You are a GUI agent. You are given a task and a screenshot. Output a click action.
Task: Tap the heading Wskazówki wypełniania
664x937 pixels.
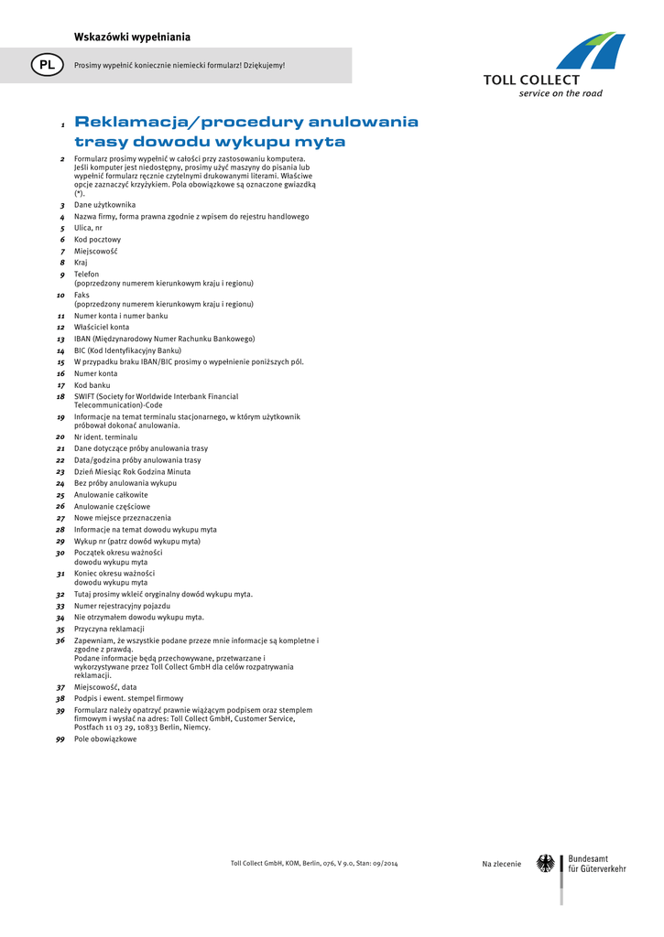pyautogui.click(x=132, y=37)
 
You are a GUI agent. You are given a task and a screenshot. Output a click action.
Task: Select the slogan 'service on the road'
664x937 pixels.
pyautogui.click(x=561, y=93)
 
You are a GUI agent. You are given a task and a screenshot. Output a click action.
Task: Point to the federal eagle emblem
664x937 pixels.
pyautogui.click(x=545, y=864)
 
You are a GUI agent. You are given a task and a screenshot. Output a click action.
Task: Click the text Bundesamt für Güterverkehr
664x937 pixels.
pyautogui.click(x=597, y=864)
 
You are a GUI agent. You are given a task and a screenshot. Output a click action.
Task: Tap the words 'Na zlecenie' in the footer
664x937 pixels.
pyautogui.click(x=501, y=864)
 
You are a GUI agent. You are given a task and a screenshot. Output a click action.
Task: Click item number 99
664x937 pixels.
pyautogui.click(x=60, y=739)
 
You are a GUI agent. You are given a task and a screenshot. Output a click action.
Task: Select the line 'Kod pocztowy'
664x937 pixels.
pyautogui.click(x=97, y=240)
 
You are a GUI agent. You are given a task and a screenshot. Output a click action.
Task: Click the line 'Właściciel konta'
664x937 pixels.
pyautogui.click(x=102, y=327)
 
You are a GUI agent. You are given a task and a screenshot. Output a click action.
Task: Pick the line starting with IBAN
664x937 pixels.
pyautogui.click(x=164, y=339)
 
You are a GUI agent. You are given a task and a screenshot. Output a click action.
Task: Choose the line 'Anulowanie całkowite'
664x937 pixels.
pyautogui.click(x=111, y=495)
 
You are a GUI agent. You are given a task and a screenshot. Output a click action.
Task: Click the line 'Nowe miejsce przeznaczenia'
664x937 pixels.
pyautogui.click(x=122, y=518)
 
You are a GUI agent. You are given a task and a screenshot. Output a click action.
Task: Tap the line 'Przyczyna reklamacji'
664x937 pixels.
pyautogui.click(x=109, y=630)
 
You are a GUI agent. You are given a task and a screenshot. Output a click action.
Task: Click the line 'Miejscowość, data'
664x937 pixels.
pyautogui.click(x=105, y=687)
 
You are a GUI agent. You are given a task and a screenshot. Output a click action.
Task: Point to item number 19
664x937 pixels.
pyautogui.click(x=60, y=417)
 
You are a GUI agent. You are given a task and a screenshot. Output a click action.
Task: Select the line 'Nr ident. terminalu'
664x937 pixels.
pyautogui.click(x=105, y=437)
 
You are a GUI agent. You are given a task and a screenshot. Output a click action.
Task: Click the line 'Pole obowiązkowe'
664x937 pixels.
pyautogui.click(x=105, y=739)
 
